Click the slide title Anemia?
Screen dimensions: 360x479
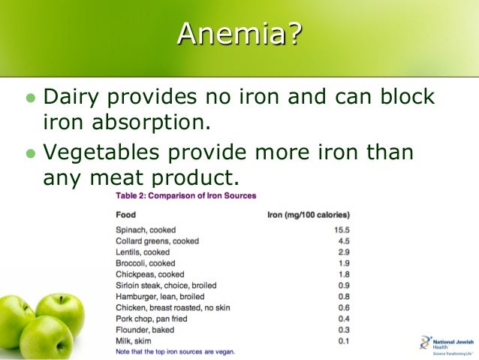click(239, 34)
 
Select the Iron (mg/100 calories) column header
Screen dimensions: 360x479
click(309, 214)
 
